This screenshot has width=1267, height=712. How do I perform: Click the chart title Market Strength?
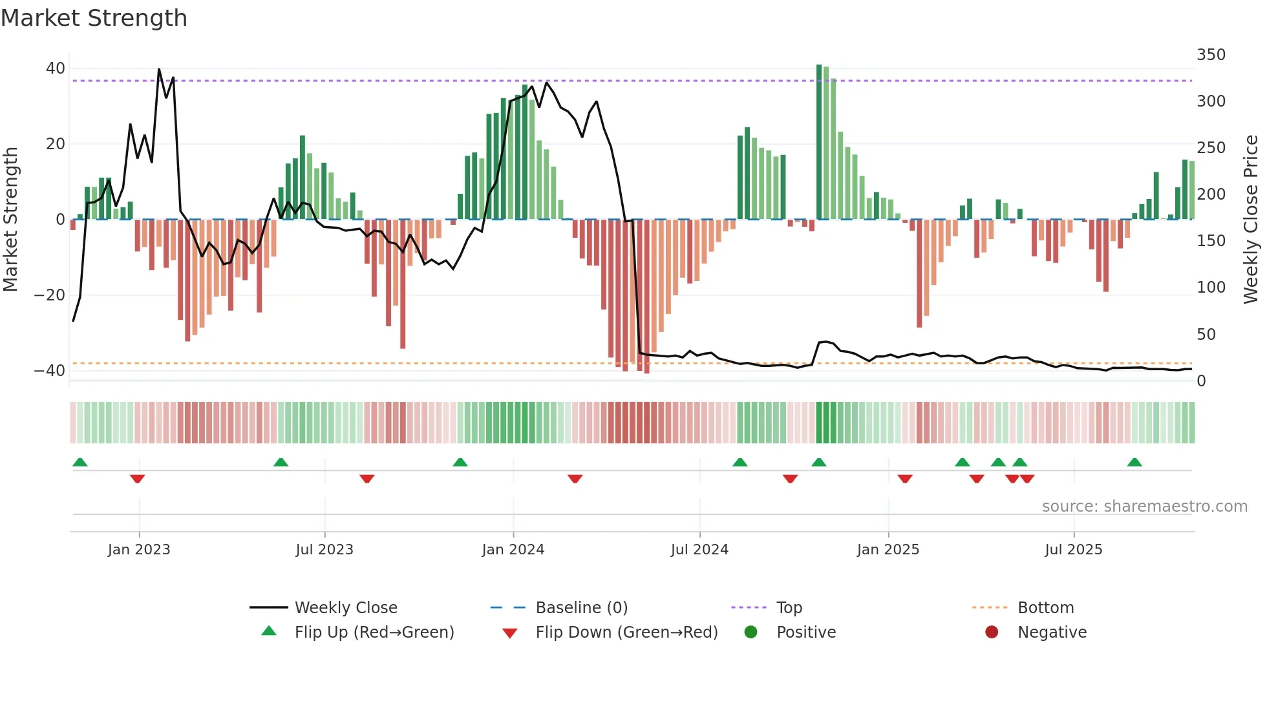pos(94,18)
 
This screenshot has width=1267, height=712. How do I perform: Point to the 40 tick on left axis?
pos(56,68)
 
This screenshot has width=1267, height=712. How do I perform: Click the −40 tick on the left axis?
pos(50,371)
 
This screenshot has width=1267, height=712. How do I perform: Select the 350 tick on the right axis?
pos(1211,55)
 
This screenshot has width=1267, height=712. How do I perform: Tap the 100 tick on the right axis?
pos(1211,288)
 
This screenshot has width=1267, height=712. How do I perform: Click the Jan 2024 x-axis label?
pos(513,550)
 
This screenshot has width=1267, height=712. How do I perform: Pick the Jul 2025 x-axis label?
pos(1073,550)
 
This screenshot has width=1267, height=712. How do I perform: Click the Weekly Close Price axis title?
pos(1251,220)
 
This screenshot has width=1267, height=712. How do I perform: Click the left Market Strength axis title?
pos(11,220)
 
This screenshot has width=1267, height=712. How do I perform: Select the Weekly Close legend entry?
pos(345,608)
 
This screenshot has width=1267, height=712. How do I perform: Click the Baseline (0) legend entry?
pos(581,608)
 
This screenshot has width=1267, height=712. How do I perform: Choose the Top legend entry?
pos(789,608)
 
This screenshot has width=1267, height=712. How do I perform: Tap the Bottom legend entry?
pos(1045,608)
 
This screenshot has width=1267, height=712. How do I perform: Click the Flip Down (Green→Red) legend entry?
pos(626,633)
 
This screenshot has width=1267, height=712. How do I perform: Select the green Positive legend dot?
pos(751,633)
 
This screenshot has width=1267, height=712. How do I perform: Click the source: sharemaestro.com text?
pos(1144,507)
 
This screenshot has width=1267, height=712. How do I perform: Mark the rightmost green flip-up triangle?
pos(1134,462)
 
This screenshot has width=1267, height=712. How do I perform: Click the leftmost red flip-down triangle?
pos(137,479)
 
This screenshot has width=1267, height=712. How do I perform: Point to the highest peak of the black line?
pos(159,69)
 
